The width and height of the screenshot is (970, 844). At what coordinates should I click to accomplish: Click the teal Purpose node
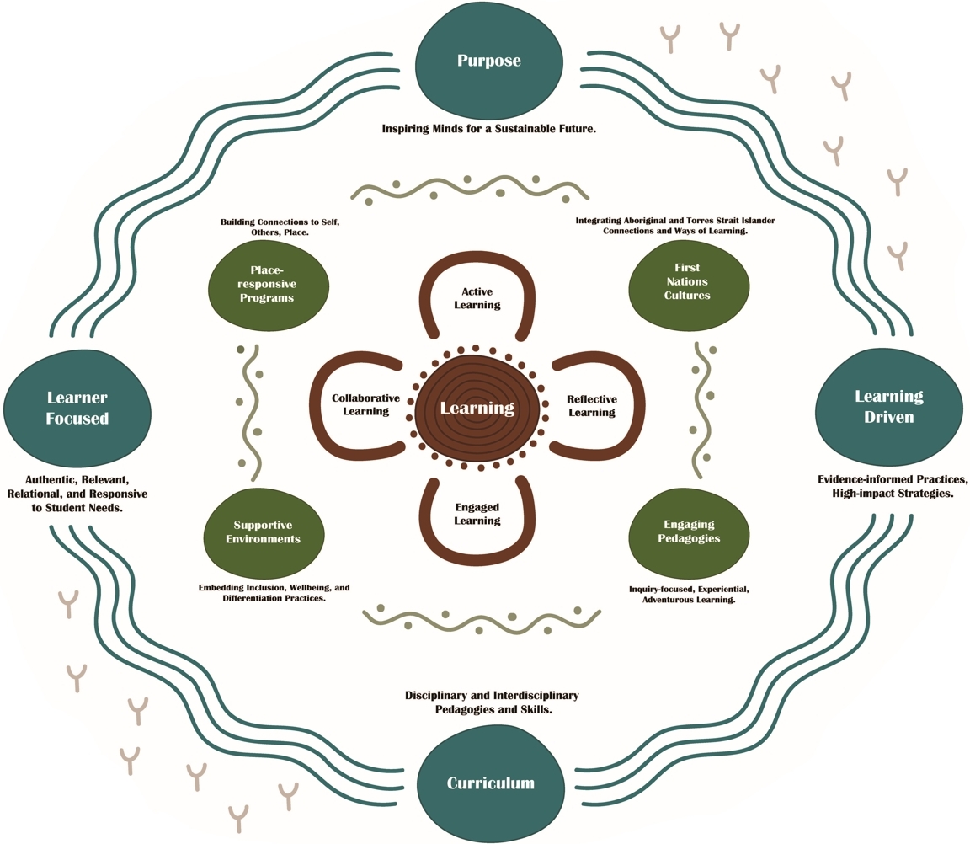(488, 61)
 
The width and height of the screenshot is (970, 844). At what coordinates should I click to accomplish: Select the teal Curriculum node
(489, 783)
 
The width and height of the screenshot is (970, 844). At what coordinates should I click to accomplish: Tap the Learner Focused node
(77, 408)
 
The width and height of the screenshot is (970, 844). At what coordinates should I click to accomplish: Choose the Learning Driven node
(888, 406)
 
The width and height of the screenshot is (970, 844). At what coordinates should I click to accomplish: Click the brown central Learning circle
(477, 408)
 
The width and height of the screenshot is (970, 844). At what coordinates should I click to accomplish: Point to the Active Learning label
(477, 298)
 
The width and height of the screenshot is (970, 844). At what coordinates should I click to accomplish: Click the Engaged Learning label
(477, 514)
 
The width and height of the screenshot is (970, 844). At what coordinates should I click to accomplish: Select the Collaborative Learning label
(360, 404)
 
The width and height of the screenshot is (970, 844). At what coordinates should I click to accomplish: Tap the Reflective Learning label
(591, 405)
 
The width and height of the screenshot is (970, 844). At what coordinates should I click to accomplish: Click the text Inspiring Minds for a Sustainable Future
(488, 130)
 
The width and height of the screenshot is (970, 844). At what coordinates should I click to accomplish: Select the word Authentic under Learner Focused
(41, 478)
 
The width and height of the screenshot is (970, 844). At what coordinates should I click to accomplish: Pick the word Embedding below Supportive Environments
(224, 586)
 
